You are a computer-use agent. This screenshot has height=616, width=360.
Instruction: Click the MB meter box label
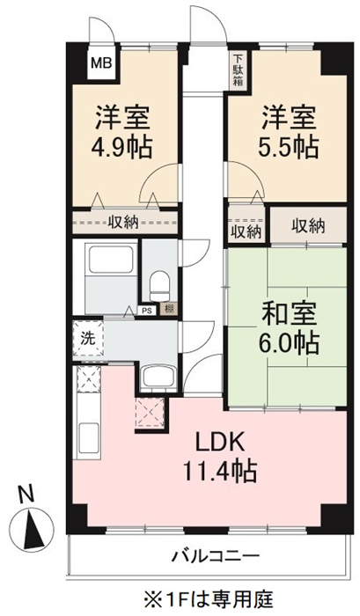point(102,62)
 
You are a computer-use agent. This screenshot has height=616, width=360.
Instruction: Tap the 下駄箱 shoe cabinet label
point(239,70)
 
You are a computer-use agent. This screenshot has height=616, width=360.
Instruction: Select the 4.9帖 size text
point(121,147)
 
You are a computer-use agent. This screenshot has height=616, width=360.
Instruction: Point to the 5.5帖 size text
point(288,147)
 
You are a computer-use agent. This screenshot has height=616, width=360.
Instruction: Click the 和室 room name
point(290,315)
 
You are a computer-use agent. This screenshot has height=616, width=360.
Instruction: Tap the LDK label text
point(220,444)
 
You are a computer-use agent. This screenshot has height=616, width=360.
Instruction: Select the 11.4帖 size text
point(220,472)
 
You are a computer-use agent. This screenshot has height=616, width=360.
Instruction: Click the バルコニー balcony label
point(216,556)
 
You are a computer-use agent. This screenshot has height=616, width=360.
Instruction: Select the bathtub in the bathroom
point(110,260)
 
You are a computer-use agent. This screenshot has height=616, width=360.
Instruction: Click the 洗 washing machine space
point(88,338)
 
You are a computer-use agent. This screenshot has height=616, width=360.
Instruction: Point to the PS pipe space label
point(147,311)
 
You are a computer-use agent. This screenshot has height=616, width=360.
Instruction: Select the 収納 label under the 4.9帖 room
point(123,223)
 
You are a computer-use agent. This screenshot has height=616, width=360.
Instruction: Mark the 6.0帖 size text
point(288,343)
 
